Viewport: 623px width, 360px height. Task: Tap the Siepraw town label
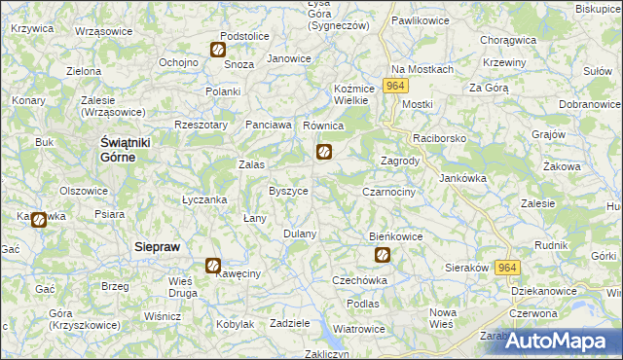[x=157, y=247]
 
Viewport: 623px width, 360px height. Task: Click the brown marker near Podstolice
[x=218, y=50]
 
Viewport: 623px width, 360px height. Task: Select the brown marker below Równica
[x=324, y=152]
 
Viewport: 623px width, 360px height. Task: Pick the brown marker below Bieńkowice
[x=383, y=256]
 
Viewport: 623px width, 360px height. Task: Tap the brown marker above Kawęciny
[x=212, y=265]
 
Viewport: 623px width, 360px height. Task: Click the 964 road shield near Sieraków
[x=507, y=268]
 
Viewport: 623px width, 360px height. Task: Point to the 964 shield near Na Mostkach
[x=393, y=87]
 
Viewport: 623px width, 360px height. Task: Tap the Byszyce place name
[x=288, y=192]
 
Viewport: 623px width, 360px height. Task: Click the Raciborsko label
[x=440, y=139]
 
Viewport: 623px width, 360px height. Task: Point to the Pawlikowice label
[x=419, y=19]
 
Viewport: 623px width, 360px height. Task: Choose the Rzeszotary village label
[x=201, y=125]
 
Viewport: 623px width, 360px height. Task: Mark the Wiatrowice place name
[x=358, y=329]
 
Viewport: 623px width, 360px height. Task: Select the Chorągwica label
[x=509, y=41]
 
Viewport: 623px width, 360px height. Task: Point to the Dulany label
[x=300, y=234]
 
